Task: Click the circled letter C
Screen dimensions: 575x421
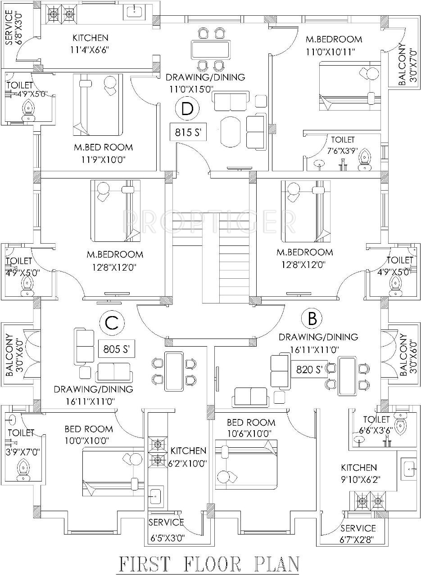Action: coord(111,322)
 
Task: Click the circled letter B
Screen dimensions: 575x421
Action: coord(312,319)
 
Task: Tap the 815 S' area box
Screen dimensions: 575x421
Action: coord(188,133)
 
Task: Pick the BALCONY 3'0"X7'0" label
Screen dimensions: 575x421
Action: coord(402,64)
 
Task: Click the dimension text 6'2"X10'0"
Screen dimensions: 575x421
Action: coord(188,464)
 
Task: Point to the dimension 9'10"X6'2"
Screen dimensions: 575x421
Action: coord(358,479)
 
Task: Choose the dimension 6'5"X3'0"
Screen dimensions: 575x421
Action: coord(167,536)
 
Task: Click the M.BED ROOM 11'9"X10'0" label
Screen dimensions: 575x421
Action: coord(103,152)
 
